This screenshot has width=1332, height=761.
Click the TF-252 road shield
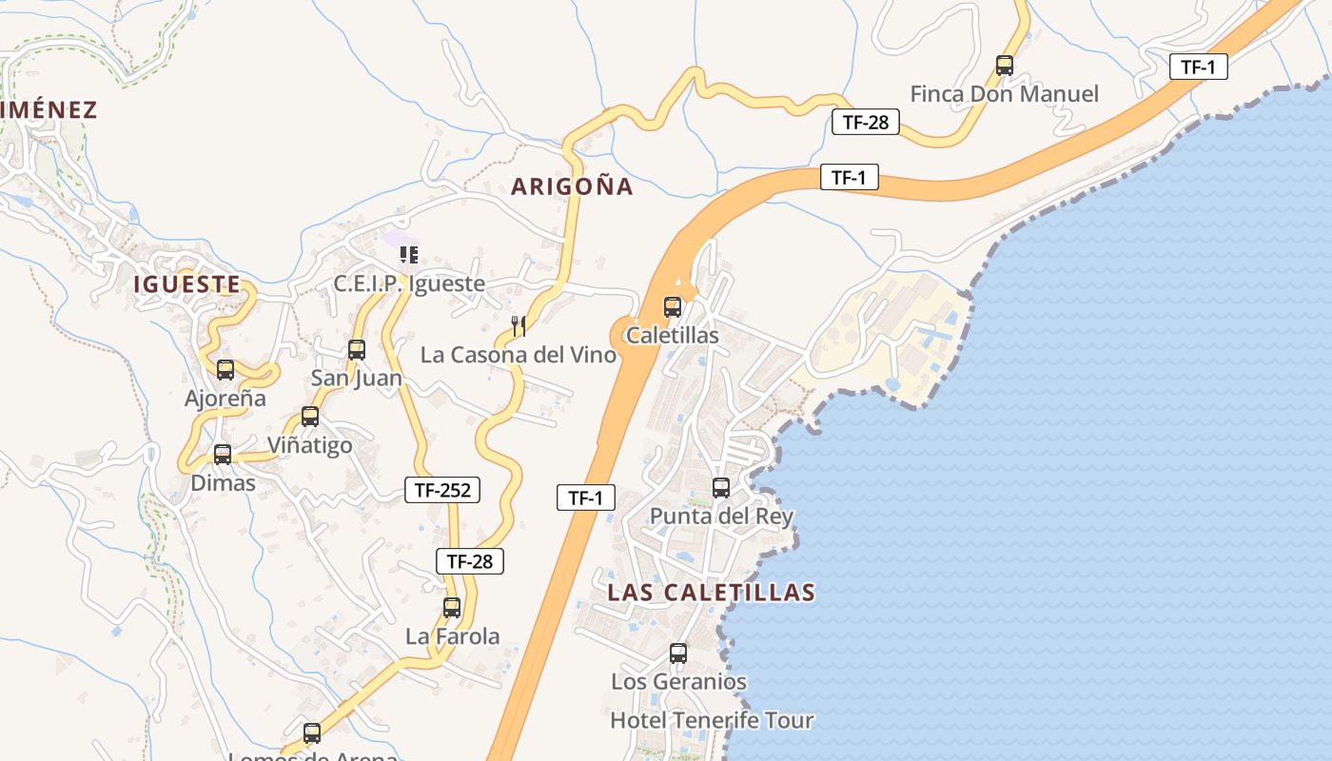442,490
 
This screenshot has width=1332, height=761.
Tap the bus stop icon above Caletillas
673,307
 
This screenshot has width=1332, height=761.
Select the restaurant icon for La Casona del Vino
519,326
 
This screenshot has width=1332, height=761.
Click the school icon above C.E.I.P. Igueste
409,254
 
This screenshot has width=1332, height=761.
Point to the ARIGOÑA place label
572,186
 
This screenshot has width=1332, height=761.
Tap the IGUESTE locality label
186,283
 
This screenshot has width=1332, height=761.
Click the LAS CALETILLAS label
712,593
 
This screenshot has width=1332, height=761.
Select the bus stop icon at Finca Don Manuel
1005,66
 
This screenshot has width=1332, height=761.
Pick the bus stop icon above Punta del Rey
721,488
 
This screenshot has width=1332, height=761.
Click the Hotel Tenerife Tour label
712,720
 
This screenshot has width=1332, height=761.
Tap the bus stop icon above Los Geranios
678,654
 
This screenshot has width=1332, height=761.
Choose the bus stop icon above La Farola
452,608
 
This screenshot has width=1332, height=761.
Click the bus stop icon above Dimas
223,455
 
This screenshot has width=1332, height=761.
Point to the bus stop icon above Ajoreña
225,370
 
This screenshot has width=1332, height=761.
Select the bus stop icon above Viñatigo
310,417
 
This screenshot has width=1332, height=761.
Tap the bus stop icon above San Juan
357,350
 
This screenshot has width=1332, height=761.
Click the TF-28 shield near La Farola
470,561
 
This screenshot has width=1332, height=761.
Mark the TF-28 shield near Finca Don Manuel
865,122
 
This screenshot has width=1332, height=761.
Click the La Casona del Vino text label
519,355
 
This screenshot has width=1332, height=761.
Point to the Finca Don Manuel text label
1004,94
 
